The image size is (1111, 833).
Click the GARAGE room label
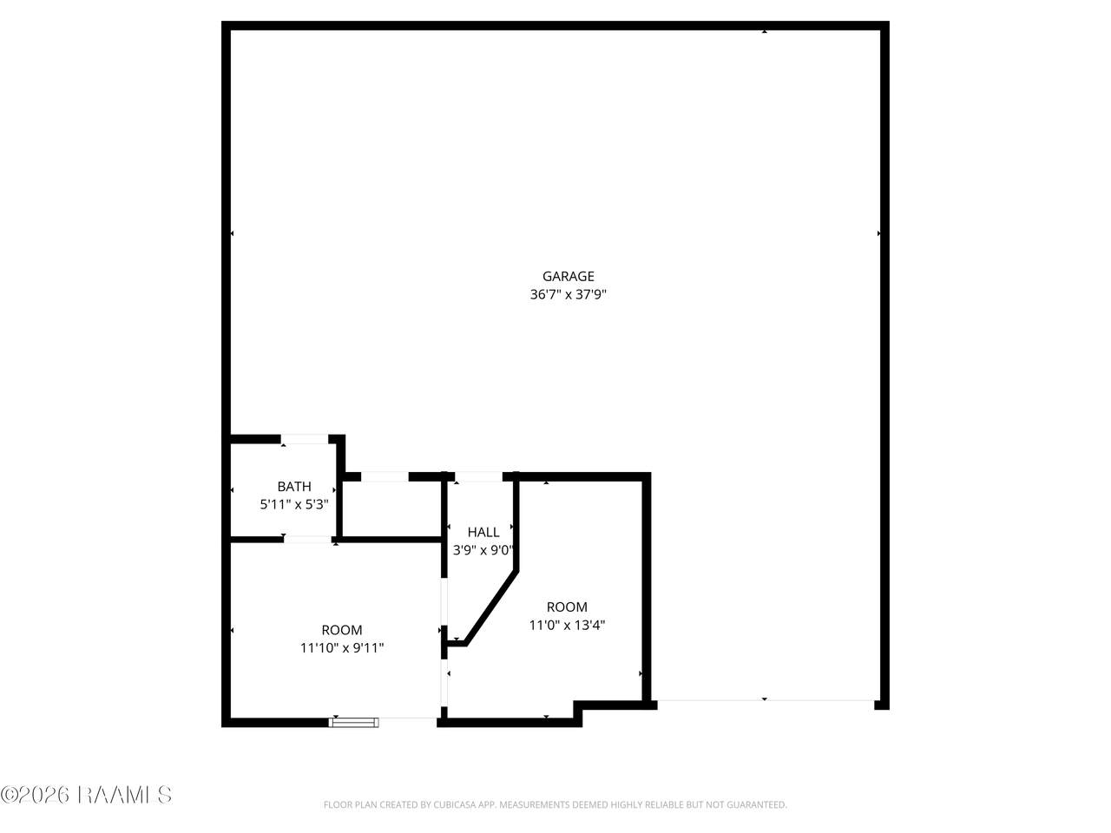point(568,276)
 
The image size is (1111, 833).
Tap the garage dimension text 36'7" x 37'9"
point(568,294)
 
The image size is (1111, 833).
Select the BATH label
point(294,487)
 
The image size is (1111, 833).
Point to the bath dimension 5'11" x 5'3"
point(294,504)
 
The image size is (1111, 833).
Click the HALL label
point(483,532)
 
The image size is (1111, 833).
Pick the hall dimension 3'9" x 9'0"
point(483,550)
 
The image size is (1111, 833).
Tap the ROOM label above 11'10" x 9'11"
point(342,630)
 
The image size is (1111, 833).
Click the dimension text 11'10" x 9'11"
point(342,648)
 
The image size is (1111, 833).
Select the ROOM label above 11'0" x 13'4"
point(567,607)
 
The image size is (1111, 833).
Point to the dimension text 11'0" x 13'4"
point(567,625)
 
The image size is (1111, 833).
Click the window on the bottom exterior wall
point(353,722)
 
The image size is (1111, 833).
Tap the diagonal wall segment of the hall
point(490,607)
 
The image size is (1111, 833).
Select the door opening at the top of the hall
point(478,476)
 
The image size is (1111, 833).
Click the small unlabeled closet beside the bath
point(391,508)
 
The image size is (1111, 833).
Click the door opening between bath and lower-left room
point(308,540)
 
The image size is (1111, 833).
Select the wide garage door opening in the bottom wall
point(766,700)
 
